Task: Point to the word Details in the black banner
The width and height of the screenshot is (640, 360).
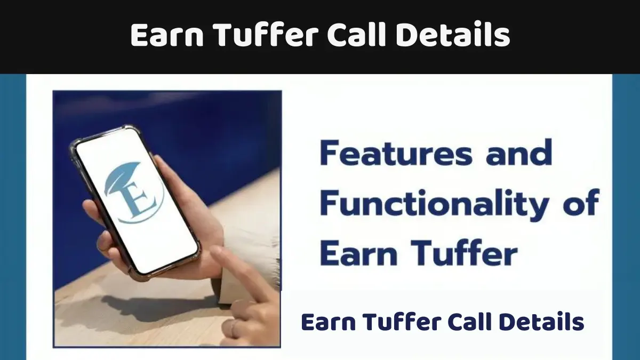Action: point(456,36)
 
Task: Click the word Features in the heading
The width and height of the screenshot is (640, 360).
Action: point(395,154)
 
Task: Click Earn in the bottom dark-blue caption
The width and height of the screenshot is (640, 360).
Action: point(328,322)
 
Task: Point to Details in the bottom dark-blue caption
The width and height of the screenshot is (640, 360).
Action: point(548,322)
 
